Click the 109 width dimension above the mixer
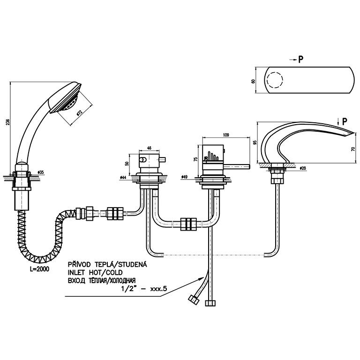(x=226, y=135)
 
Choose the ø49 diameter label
(x=185, y=177)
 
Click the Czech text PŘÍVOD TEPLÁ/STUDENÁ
(x=107, y=265)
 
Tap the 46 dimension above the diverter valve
(x=150, y=148)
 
